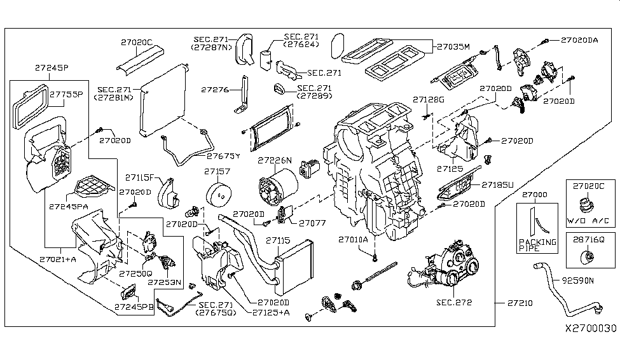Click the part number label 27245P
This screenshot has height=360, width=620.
pyautogui.click(x=52, y=66)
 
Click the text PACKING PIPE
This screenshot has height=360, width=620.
pyautogui.click(x=537, y=246)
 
